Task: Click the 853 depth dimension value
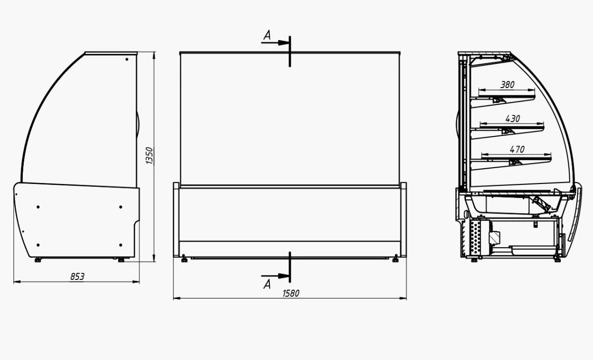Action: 77,277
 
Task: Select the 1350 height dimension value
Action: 150,156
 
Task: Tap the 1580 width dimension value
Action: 291,294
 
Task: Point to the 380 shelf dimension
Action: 507,85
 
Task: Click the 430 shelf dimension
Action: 512,119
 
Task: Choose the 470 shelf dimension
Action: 517,150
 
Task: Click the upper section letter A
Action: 267,35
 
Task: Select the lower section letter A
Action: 267,284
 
